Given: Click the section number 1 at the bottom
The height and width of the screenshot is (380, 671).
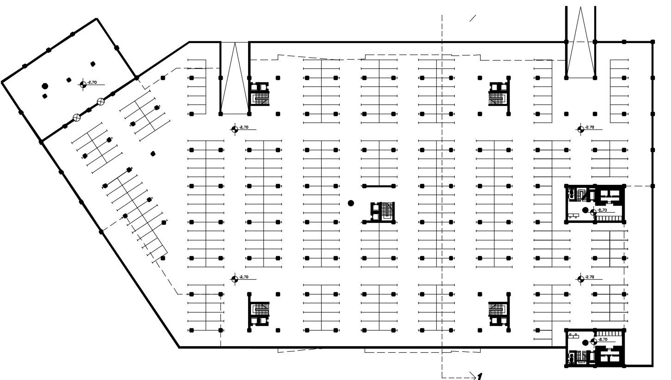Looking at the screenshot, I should pyautogui.click(x=480, y=376).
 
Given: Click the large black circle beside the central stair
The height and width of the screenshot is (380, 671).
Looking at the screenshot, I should pyautogui.click(x=351, y=203).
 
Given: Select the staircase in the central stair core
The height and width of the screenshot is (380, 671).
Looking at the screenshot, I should pyautogui.click(x=383, y=212).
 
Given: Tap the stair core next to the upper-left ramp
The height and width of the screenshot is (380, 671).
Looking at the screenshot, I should pyautogui.click(x=260, y=93).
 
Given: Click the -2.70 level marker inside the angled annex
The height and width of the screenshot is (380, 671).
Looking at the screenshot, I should pyautogui.click(x=83, y=84).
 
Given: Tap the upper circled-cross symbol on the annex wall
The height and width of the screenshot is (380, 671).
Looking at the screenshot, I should pyautogui.click(x=100, y=102).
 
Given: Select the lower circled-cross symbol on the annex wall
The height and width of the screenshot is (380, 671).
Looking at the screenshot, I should pyautogui.click(x=77, y=117).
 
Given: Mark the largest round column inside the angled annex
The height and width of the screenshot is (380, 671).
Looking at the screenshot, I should pyautogui.click(x=45, y=86).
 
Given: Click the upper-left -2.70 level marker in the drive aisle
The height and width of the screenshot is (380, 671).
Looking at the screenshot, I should pyautogui.click(x=235, y=129).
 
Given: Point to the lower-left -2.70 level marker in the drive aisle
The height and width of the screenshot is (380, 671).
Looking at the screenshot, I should pyautogui.click(x=235, y=278).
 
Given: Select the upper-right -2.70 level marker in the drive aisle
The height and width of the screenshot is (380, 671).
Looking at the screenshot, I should pyautogui.click(x=580, y=129).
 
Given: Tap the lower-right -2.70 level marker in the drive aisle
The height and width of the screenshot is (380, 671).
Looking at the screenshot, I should pyautogui.click(x=580, y=278).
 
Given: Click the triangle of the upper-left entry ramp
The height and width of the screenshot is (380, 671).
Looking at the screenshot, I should pyautogui.click(x=235, y=79).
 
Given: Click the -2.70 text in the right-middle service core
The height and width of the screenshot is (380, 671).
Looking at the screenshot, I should pyautogui.click(x=602, y=210).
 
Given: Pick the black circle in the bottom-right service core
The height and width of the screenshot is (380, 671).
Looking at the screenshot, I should pyautogui.click(x=585, y=343).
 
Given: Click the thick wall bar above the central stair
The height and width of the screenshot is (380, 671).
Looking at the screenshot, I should pyautogui.click(x=378, y=186).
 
